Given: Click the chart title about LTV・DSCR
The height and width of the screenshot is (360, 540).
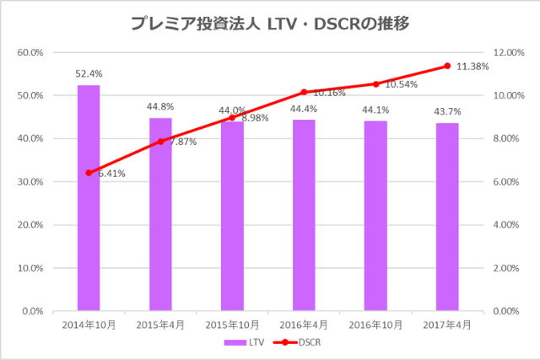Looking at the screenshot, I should point(270,24).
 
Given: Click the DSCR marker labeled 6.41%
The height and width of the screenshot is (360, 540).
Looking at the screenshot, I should point(89,173).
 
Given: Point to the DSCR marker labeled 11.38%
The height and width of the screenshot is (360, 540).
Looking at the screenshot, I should point(447,66).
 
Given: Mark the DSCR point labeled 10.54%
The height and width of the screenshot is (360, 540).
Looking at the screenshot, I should point(375,83).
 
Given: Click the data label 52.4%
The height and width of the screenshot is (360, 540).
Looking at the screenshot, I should point(89,74).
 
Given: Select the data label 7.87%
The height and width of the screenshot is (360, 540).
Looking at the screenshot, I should point(183,142).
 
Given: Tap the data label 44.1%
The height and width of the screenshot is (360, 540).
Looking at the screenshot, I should point(375,110).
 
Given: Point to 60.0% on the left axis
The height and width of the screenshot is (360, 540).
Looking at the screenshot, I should point(30,52).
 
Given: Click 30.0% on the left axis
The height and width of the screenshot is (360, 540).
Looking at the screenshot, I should point(30,182).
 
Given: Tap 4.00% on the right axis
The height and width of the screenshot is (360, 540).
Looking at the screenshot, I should point(507,225).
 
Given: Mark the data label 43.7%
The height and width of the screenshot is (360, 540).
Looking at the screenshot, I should point(447,111).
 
